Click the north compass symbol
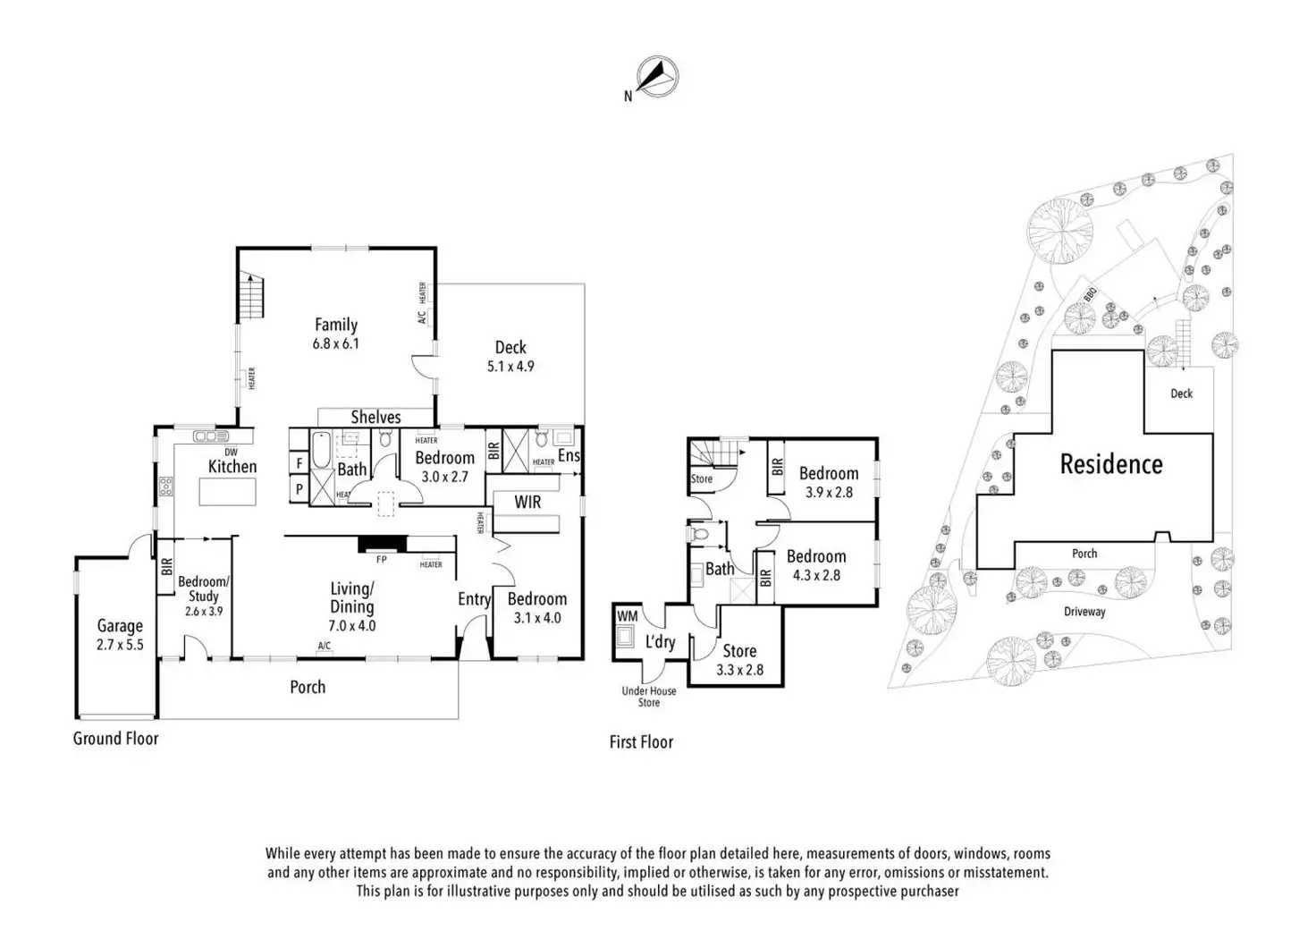pyautogui.click(x=657, y=77)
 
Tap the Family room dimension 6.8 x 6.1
pyautogui.click(x=336, y=343)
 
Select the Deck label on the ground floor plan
pyautogui.click(x=510, y=347)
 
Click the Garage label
pyautogui.click(x=120, y=626)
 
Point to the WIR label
pyautogui.click(x=527, y=502)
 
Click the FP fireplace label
pyautogui.click(x=382, y=560)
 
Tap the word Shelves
pyautogui.click(x=375, y=417)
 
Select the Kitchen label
pyautogui.click(x=232, y=466)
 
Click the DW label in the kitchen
pyautogui.click(x=231, y=452)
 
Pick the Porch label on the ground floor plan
pyautogui.click(x=308, y=687)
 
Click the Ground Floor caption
pyautogui.click(x=115, y=738)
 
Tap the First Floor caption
pyautogui.click(x=641, y=741)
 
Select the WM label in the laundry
pyautogui.click(x=628, y=616)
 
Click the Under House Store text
pyautogui.click(x=649, y=697)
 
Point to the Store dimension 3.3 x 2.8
pyautogui.click(x=739, y=669)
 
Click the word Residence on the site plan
pyautogui.click(x=1111, y=463)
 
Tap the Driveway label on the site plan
pyautogui.click(x=1084, y=612)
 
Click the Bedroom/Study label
pyautogui.click(x=204, y=588)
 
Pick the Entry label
pyautogui.click(x=474, y=599)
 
